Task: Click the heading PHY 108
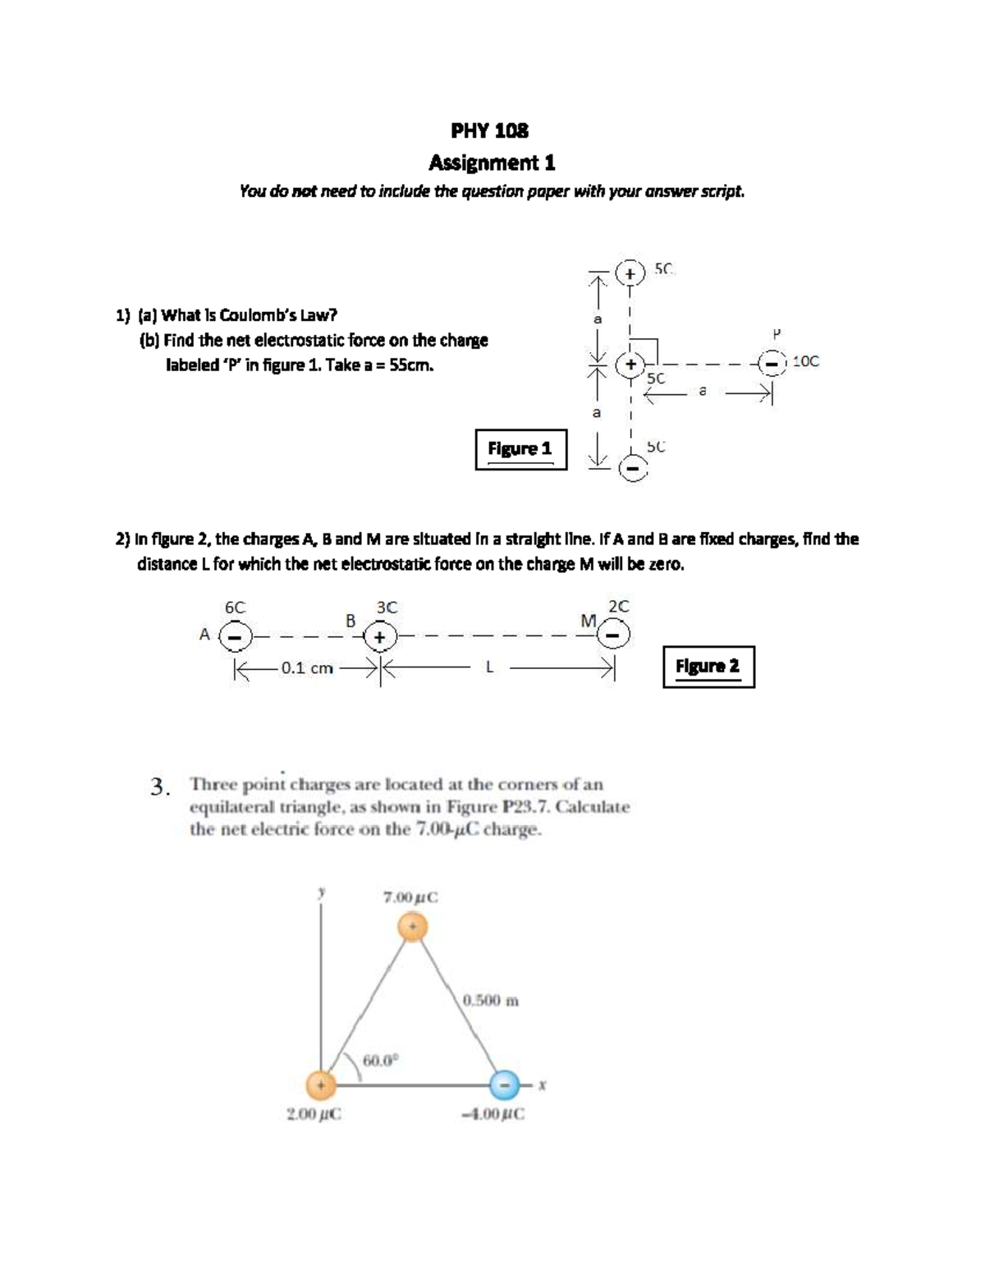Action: [x=490, y=131]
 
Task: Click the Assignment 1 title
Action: [x=492, y=163]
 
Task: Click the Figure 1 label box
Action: [x=520, y=448]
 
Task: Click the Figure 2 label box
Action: [x=708, y=666]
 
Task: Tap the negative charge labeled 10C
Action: [x=772, y=362]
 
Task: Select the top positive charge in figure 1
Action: [x=630, y=273]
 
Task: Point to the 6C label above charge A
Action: [x=235, y=608]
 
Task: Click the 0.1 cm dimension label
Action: [x=307, y=668]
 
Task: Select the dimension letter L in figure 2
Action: [x=489, y=668]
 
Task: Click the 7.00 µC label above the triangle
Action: [x=410, y=897]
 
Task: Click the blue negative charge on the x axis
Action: [x=506, y=1085]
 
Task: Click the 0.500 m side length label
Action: [x=490, y=1001]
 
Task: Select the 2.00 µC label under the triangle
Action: [x=314, y=1114]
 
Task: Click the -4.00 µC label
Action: [x=493, y=1114]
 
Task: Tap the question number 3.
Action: [x=161, y=787]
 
